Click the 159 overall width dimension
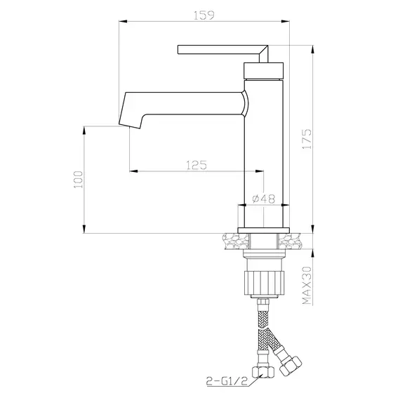[204, 13]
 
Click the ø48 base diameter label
[262, 199]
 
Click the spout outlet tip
[131, 121]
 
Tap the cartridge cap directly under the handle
[264, 69]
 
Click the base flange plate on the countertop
[263, 230]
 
